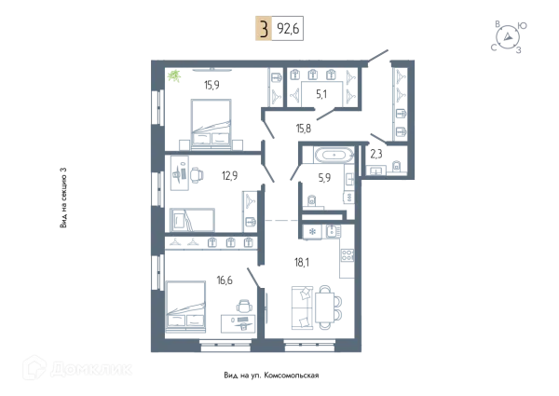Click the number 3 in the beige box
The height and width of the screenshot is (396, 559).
click(264, 30)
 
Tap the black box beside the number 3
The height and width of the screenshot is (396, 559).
click(288, 31)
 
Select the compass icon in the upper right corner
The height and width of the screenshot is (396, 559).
click(508, 34)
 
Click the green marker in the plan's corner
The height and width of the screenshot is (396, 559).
click(173, 76)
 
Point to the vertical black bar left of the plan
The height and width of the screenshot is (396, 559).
click(63, 197)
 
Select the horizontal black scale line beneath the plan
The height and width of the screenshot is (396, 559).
click(272, 376)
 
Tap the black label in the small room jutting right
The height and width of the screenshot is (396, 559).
click(377, 155)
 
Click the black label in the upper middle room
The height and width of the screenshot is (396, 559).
click(320, 96)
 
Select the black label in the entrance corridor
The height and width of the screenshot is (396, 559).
click(300, 128)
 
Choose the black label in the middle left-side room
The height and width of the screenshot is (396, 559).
click(228, 173)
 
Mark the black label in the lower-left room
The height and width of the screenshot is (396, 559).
click(226, 279)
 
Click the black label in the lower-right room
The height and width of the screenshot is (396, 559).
click(301, 262)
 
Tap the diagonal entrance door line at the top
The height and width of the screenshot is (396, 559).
click(377, 55)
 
